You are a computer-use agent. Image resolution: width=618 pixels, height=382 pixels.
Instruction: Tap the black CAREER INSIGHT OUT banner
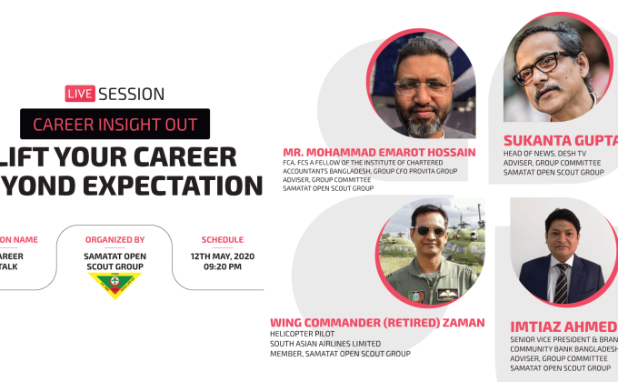tap(115, 125)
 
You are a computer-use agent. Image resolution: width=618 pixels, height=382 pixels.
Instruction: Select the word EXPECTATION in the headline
tap(174, 185)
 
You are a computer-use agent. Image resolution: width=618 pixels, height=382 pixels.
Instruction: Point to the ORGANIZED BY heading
tap(115, 239)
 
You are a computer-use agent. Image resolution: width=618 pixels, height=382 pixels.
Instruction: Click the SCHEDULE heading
tap(222, 239)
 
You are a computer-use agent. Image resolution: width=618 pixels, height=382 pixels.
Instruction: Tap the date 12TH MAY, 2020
tap(222, 256)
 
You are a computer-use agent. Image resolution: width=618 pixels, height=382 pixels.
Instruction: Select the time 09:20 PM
tap(222, 266)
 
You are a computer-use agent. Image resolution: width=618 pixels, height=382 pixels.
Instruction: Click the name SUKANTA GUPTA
tap(560, 140)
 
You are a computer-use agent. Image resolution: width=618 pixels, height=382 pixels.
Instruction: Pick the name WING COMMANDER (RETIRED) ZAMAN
tap(377, 322)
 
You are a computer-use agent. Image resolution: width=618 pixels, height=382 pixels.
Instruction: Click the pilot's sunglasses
tap(428, 230)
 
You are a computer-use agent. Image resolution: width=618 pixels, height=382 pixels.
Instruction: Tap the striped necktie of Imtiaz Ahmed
tap(562, 282)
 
